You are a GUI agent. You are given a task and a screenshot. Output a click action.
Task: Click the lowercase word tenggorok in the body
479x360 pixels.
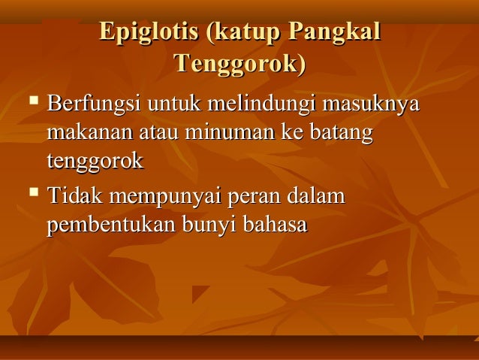pos(95,162)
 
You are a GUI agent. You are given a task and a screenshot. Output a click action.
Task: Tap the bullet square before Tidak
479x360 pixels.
pos(32,193)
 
